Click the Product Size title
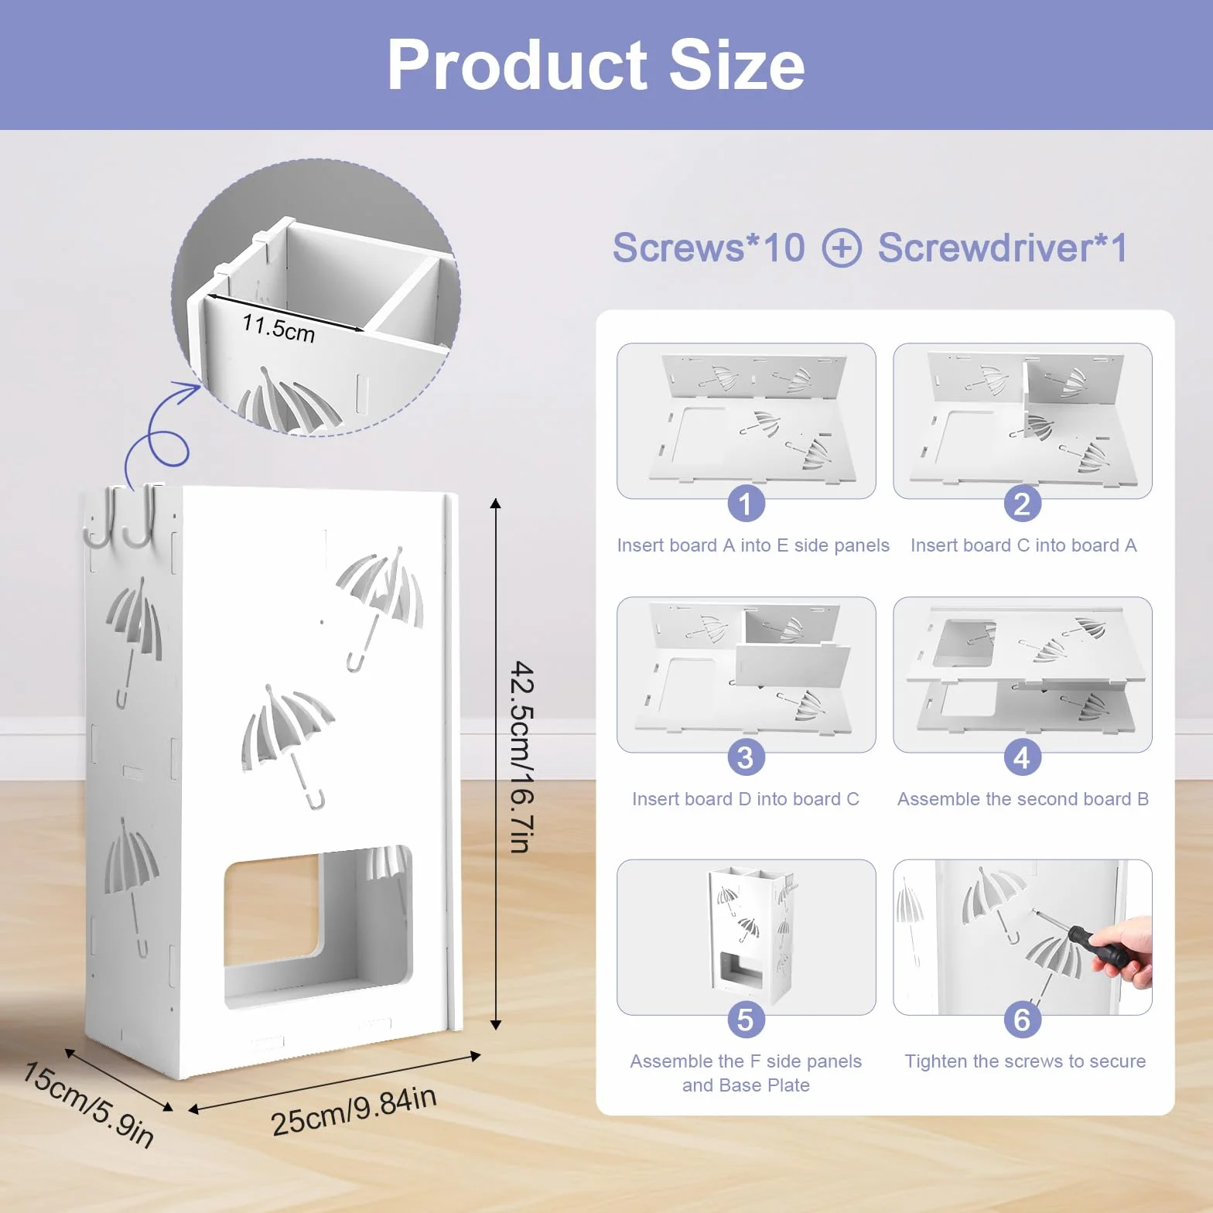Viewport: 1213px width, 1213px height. pos(596,65)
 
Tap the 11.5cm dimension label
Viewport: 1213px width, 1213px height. pos(278,328)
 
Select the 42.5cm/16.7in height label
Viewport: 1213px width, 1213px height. pos(522,757)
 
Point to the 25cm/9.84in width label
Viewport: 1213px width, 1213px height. pos(354,1110)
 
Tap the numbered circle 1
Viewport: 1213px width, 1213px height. pos(746,504)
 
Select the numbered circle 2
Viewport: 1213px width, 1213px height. pos(1022,504)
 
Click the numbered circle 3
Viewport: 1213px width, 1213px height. pos(746,757)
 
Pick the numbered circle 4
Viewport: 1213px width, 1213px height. pos(1022,757)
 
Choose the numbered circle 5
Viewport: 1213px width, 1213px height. pos(746,1020)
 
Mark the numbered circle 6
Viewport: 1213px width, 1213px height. pos(1022,1020)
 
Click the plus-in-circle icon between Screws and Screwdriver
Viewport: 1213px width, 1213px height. pos(842,248)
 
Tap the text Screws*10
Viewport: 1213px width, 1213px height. pos(709,248)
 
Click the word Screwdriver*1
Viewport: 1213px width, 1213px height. pos(1003,248)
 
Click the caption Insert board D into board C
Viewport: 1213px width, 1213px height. pos(746,799)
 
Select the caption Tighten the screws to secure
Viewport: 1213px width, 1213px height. pos(1025,1061)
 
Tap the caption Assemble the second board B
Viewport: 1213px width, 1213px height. pos(1023,799)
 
